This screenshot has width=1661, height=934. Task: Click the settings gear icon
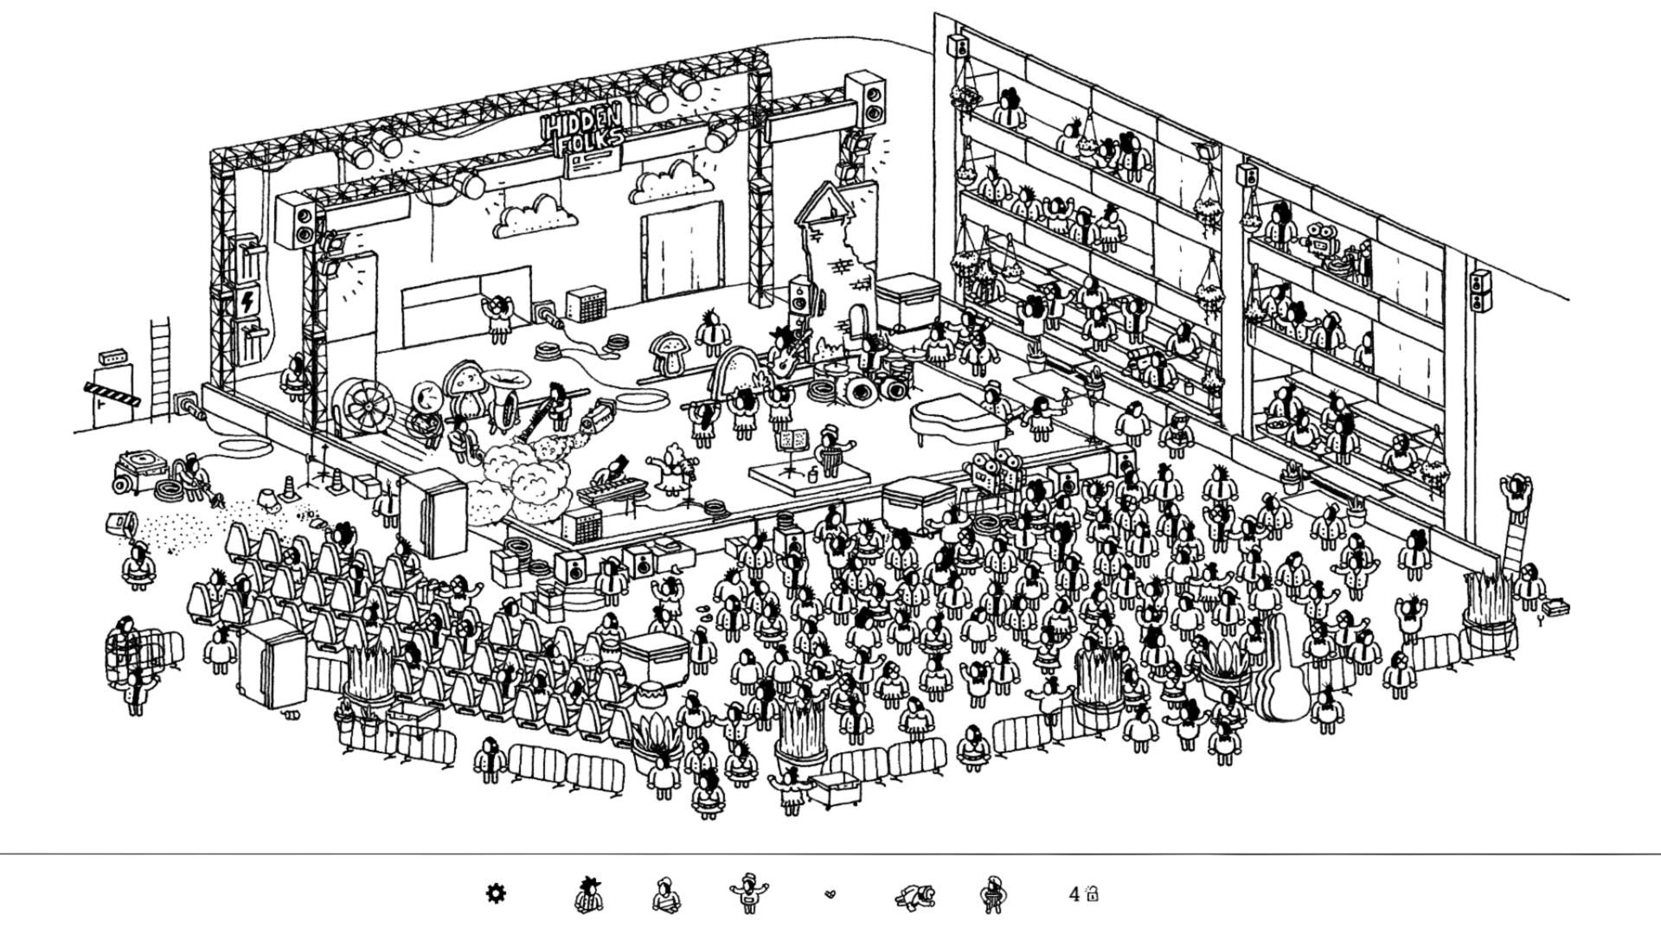[x=495, y=893]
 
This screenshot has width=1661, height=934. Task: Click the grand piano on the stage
[x=956, y=420]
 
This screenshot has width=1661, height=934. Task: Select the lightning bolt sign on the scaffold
[x=248, y=302]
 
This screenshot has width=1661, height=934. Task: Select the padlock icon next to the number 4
[x=1092, y=893]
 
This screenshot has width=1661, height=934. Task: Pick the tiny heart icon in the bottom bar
[x=830, y=894]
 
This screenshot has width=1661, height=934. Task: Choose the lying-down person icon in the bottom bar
[x=915, y=894]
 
